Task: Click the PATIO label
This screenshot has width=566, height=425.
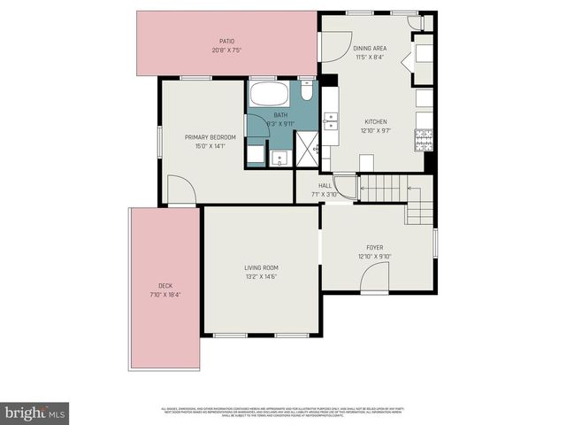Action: (226, 41)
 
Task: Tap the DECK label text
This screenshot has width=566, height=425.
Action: (165, 285)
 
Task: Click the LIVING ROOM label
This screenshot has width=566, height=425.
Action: (262, 267)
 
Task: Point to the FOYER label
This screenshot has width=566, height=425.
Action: (375, 247)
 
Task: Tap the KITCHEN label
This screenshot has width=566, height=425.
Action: (376, 121)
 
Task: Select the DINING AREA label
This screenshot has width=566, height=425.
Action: (369, 49)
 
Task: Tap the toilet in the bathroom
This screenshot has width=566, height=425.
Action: (306, 90)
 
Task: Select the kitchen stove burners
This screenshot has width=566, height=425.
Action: (424, 138)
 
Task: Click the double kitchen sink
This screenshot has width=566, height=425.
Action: (331, 121)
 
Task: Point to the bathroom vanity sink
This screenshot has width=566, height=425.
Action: (279, 158)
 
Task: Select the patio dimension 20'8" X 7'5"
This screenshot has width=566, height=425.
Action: (226, 50)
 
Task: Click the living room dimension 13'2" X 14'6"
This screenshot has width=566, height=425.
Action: (262, 277)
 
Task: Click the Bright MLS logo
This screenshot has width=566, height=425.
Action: (35, 413)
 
